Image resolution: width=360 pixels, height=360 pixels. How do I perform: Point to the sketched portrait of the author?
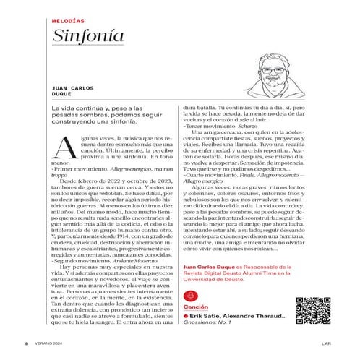pyautogui.click(x=278, y=77)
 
